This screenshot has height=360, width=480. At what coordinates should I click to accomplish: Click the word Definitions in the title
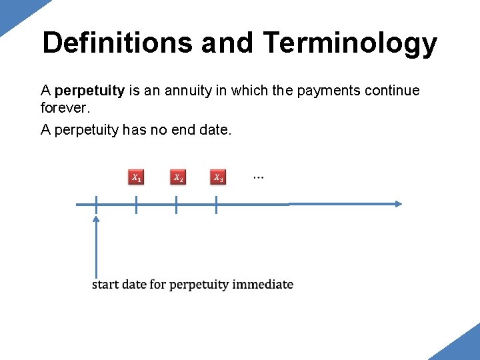[117, 43]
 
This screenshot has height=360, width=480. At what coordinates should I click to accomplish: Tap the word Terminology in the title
[351, 43]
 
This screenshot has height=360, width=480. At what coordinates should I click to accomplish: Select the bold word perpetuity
[90, 90]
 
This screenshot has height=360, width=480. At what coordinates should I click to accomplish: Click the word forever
[65, 107]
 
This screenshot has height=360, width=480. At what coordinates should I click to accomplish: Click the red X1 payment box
[136, 177]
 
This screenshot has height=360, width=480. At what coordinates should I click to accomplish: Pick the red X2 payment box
[177, 177]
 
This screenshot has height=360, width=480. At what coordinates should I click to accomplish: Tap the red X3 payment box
[218, 177]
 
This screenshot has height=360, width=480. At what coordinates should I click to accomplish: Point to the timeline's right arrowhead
[397, 204]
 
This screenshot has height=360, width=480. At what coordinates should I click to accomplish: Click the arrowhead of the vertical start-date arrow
[96, 219]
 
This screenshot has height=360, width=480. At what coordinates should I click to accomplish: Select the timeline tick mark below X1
[136, 205]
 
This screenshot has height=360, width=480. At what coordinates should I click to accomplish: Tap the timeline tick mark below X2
[176, 205]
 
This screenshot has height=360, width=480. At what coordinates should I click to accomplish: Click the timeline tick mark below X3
[216, 205]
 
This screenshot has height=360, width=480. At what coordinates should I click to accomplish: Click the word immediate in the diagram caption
[263, 285]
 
